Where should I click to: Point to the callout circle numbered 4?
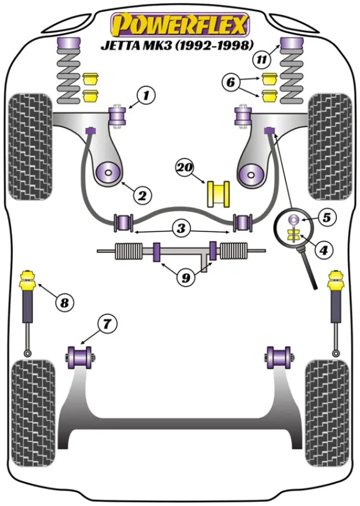(x=324, y=251)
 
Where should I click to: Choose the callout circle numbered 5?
(x=326, y=217)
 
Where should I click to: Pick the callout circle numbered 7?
(x=107, y=324)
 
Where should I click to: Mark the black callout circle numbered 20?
(x=185, y=169)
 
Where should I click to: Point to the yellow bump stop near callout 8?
(x=27, y=279)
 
